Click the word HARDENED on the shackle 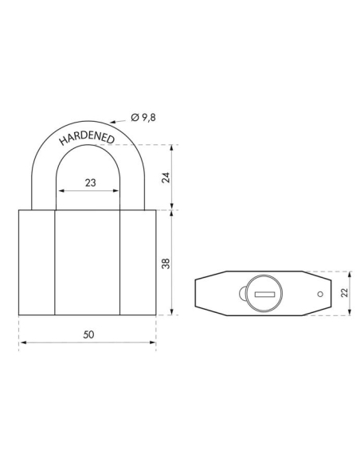(87, 141)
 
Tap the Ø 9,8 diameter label (144, 117)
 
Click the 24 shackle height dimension (166, 177)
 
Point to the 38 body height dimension (166, 262)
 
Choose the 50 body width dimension (88, 334)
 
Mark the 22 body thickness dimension (344, 294)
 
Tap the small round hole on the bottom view (319, 295)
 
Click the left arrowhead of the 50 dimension (22, 343)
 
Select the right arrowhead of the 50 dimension (153, 343)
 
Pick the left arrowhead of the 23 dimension (58, 192)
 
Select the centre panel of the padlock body (88, 262)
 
